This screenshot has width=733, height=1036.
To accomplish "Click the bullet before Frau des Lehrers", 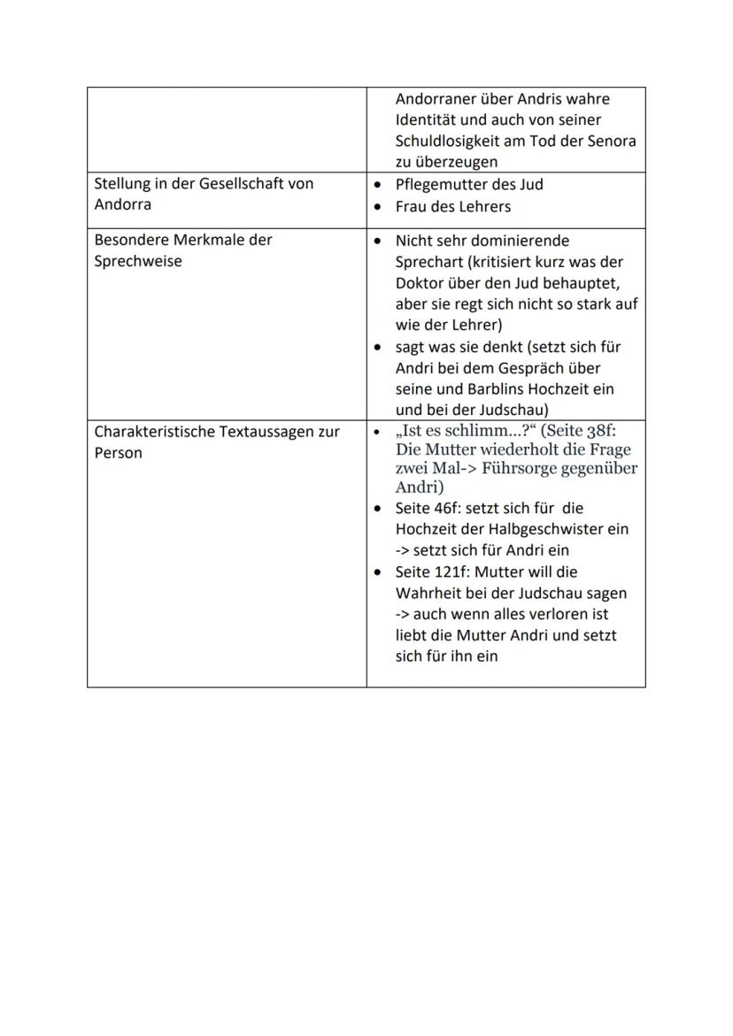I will click(378, 207).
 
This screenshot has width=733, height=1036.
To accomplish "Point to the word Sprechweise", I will click(138, 262).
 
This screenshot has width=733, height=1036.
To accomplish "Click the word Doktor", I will click(421, 283).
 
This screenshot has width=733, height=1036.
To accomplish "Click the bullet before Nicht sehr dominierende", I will click(378, 241).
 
